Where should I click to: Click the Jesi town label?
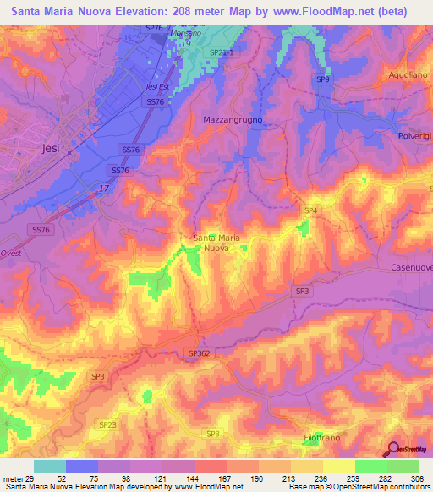click(50, 147)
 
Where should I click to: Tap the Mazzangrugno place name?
click(233, 120)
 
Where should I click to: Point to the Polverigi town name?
click(414, 136)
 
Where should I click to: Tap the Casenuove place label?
click(411, 265)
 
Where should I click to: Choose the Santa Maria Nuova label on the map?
click(216, 243)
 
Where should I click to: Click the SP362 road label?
click(199, 353)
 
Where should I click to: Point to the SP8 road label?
click(213, 433)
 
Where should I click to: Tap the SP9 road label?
click(322, 79)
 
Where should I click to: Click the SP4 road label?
click(310, 210)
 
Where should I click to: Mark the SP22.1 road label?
click(221, 52)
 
